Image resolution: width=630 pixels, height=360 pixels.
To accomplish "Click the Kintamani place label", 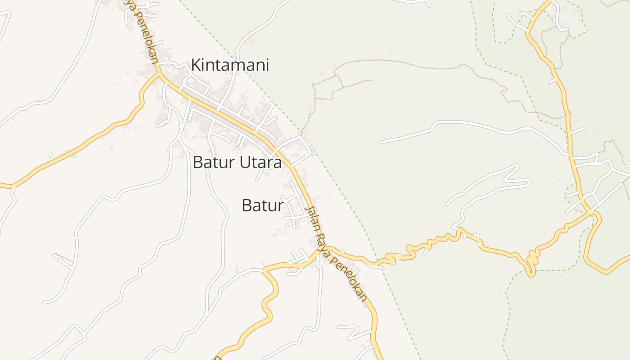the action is [x=230, y=65].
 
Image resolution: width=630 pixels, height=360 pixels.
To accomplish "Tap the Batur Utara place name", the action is [x=237, y=162].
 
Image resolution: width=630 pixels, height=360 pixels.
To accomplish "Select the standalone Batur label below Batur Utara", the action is [x=263, y=205].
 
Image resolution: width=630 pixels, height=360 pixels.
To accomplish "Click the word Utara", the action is [x=260, y=162].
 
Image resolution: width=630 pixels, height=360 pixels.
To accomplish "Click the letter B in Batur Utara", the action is [x=198, y=162].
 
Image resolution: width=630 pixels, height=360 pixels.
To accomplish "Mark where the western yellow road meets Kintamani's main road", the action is [x=159, y=75].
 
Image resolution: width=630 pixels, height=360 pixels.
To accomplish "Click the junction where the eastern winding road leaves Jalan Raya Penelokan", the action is [x=328, y=247].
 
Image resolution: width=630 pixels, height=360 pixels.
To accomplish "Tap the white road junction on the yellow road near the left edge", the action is [x=13, y=186].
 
